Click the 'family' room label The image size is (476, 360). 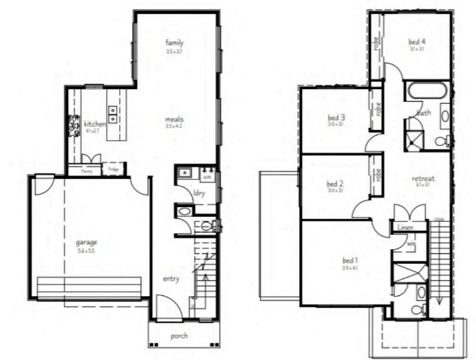pos(174,43)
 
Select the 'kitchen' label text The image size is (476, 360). pos(95,124)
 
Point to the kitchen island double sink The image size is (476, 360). pos(112,110)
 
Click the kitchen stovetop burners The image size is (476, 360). pos(73,126)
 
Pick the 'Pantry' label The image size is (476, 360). pos(87,171)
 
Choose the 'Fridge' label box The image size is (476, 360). pos(113,169)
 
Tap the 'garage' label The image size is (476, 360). pos(86,243)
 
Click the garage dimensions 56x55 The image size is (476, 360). pos(86,251)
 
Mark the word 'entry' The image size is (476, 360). pos(171,279)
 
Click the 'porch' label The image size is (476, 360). pos(180,335)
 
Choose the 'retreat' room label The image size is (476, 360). pos(423,178)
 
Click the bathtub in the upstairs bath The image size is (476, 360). pos(427,92)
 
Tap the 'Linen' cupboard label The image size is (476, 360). pos(404,227)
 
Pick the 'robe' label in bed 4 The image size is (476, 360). pos(377,44)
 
